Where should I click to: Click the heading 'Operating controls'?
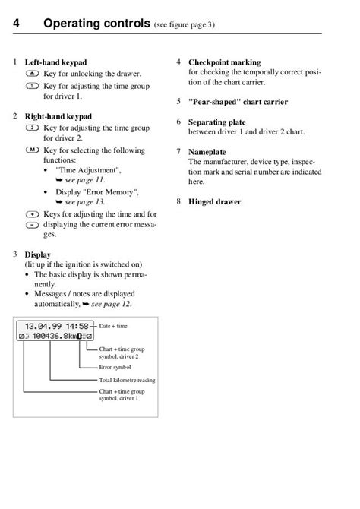pos(96,25)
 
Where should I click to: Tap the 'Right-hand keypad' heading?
pos(58,117)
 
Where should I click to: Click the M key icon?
pos(32,150)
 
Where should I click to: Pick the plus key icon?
pos(31,215)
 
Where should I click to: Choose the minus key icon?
pos(31,225)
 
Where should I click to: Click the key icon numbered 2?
pos(32,128)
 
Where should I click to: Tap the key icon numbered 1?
pos(32,87)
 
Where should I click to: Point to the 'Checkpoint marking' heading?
pos(224,62)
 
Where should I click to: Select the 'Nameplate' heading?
pos(207,153)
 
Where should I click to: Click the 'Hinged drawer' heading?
pos(214,201)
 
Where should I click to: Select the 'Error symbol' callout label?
pos(116,367)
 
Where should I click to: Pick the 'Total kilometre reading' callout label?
pos(128,379)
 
